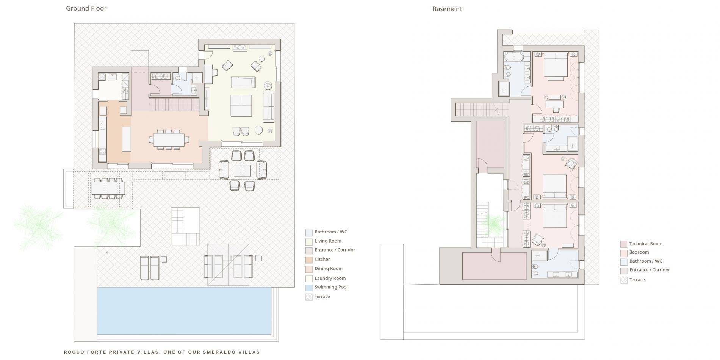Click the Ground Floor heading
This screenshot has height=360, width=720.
click(x=86, y=8)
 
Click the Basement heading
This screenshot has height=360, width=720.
click(x=447, y=9)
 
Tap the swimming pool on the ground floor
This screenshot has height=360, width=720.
click(x=184, y=311)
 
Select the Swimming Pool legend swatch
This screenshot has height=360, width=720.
click(x=309, y=288)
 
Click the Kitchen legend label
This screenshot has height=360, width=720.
click(x=322, y=259)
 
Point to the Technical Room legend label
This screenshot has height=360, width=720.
click(x=645, y=244)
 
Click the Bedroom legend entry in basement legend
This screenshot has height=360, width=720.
click(x=639, y=252)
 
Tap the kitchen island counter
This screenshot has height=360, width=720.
click(x=126, y=139)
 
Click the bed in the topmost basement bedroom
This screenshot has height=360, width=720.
click(x=555, y=66)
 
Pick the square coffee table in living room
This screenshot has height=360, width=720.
click(x=241, y=105)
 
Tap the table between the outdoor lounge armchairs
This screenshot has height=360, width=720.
click(x=242, y=171)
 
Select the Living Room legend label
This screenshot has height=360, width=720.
click(x=328, y=241)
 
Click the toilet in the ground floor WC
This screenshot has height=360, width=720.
click(x=177, y=78)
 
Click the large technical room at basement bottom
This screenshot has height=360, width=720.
click(x=494, y=267)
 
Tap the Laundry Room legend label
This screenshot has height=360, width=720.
click(x=330, y=278)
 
